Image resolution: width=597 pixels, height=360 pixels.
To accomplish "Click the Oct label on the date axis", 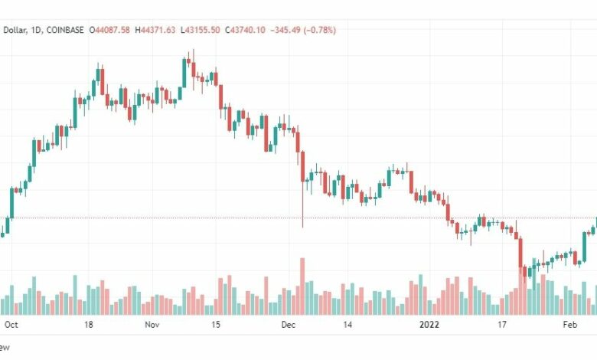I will (11, 325).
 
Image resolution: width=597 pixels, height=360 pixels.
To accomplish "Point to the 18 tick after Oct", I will (89, 325).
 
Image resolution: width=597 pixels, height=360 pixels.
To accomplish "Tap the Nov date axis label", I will (152, 325).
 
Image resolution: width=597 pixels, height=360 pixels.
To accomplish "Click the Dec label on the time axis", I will (289, 325).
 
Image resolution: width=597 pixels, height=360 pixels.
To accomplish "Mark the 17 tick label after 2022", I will (502, 325).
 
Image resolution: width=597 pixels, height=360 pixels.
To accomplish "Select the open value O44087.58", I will (111, 30).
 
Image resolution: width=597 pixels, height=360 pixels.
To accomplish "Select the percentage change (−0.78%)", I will (321, 30).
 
